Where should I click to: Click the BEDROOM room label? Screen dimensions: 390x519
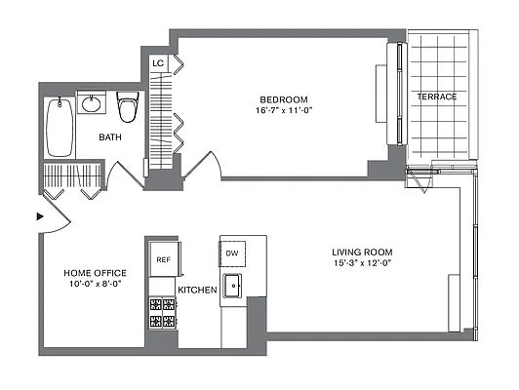pos(283,99)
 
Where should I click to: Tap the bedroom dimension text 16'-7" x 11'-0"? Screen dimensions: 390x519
pos(283,112)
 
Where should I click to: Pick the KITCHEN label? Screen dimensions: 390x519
pos(197,291)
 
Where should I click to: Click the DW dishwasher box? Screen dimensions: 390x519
pos(232,254)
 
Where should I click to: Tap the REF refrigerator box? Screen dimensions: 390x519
pos(162,259)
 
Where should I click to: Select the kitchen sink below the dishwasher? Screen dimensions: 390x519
pos(233,288)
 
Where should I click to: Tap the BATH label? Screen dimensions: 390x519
pos(110,137)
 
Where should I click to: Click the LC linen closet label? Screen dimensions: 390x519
pos(157,63)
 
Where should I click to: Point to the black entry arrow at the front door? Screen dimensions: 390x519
pos(40,216)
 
